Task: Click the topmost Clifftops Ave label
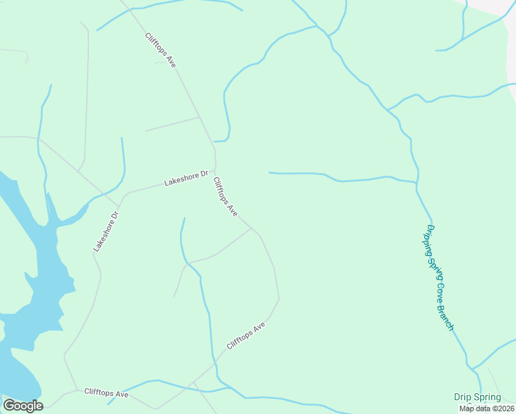coord(161,50)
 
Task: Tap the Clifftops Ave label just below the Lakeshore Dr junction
coord(226,198)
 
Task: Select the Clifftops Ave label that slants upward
coord(246,336)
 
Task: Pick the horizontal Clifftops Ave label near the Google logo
coord(106,393)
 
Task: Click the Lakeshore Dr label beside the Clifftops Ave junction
coord(186,179)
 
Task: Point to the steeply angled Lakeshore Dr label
coord(106,230)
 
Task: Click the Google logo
coord(23,406)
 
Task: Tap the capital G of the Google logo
coord(9,406)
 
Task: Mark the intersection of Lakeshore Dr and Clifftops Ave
coord(215,168)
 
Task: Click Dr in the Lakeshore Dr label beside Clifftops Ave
coord(204,175)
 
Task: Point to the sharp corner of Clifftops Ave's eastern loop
coord(279,299)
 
